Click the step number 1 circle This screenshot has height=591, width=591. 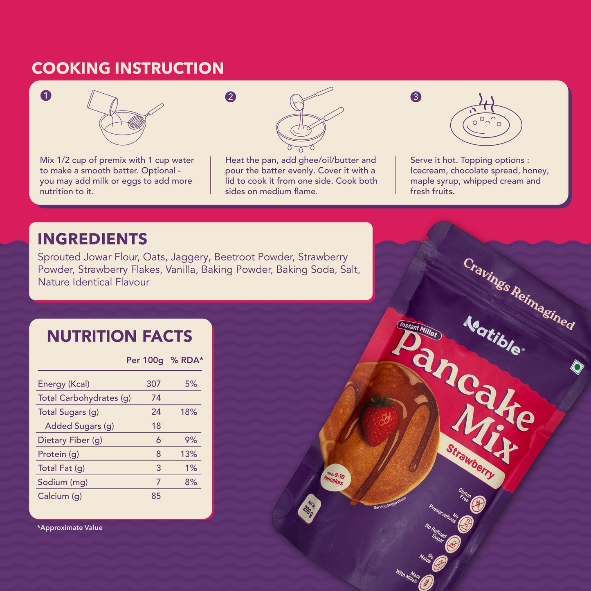(x=46, y=96)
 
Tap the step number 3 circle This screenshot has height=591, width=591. (x=416, y=97)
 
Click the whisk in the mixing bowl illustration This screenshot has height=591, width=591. (x=139, y=120)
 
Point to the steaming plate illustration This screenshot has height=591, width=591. (x=486, y=123)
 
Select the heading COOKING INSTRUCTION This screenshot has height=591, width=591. (x=128, y=68)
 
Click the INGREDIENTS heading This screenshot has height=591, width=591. (x=92, y=239)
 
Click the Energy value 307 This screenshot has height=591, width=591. (x=153, y=384)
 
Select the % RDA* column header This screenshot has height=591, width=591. (x=187, y=360)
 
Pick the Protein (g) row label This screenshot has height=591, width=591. (x=58, y=454)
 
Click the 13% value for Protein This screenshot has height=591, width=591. (x=189, y=454)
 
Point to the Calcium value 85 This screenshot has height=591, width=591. (x=156, y=496)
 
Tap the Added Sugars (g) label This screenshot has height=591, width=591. (x=79, y=426)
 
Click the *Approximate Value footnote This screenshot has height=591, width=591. (x=70, y=528)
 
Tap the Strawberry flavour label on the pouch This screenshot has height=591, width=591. (x=470, y=462)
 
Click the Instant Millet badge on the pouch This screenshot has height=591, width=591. (x=418, y=329)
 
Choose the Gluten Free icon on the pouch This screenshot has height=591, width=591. (x=477, y=504)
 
